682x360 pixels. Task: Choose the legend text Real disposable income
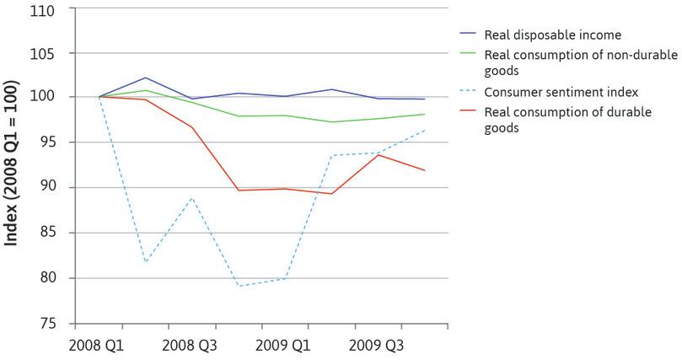click(x=552, y=35)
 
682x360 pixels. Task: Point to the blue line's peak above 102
click(x=145, y=78)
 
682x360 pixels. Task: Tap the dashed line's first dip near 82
click(x=145, y=262)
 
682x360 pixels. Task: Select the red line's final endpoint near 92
click(x=424, y=170)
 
